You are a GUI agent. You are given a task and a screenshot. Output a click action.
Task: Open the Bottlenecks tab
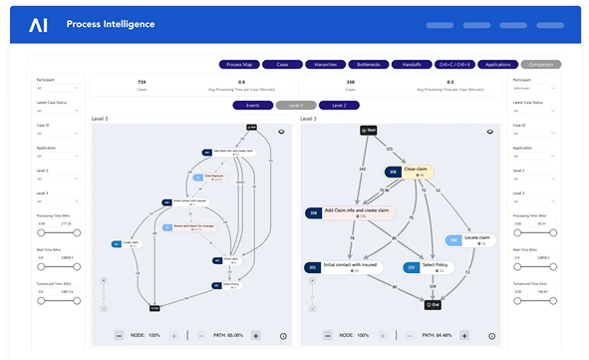[x=364, y=64]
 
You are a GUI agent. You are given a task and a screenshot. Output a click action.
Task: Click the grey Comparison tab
[x=541, y=64]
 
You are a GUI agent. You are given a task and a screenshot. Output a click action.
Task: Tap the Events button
[x=252, y=105]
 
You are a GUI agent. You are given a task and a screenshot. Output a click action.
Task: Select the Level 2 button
[x=340, y=105]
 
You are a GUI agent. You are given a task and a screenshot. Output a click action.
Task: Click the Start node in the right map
[x=369, y=130]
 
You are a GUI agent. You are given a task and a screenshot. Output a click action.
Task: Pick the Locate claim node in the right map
[x=469, y=239]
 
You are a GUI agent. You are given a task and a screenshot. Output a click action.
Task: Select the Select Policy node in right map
[x=427, y=267]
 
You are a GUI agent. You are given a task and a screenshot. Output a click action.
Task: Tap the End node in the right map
[x=432, y=305]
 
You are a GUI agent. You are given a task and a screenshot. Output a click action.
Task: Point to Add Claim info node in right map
[x=350, y=212]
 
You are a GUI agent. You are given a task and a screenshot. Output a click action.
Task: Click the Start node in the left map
[x=252, y=128]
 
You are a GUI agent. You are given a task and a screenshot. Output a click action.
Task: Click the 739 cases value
[x=142, y=82]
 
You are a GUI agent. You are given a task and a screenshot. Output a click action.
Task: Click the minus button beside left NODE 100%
[x=120, y=336]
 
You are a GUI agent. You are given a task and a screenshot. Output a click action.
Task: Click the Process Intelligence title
[x=111, y=23]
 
